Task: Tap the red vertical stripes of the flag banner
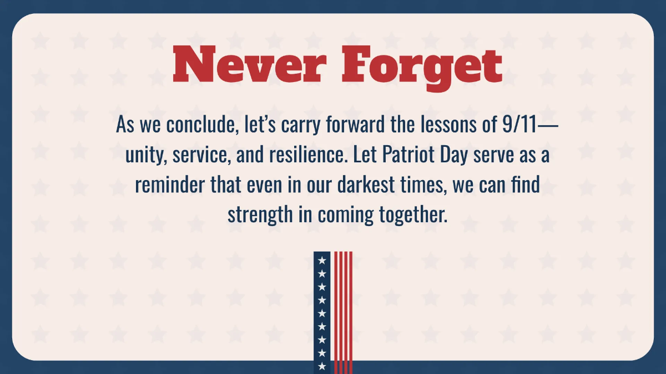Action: tap(343, 310)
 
